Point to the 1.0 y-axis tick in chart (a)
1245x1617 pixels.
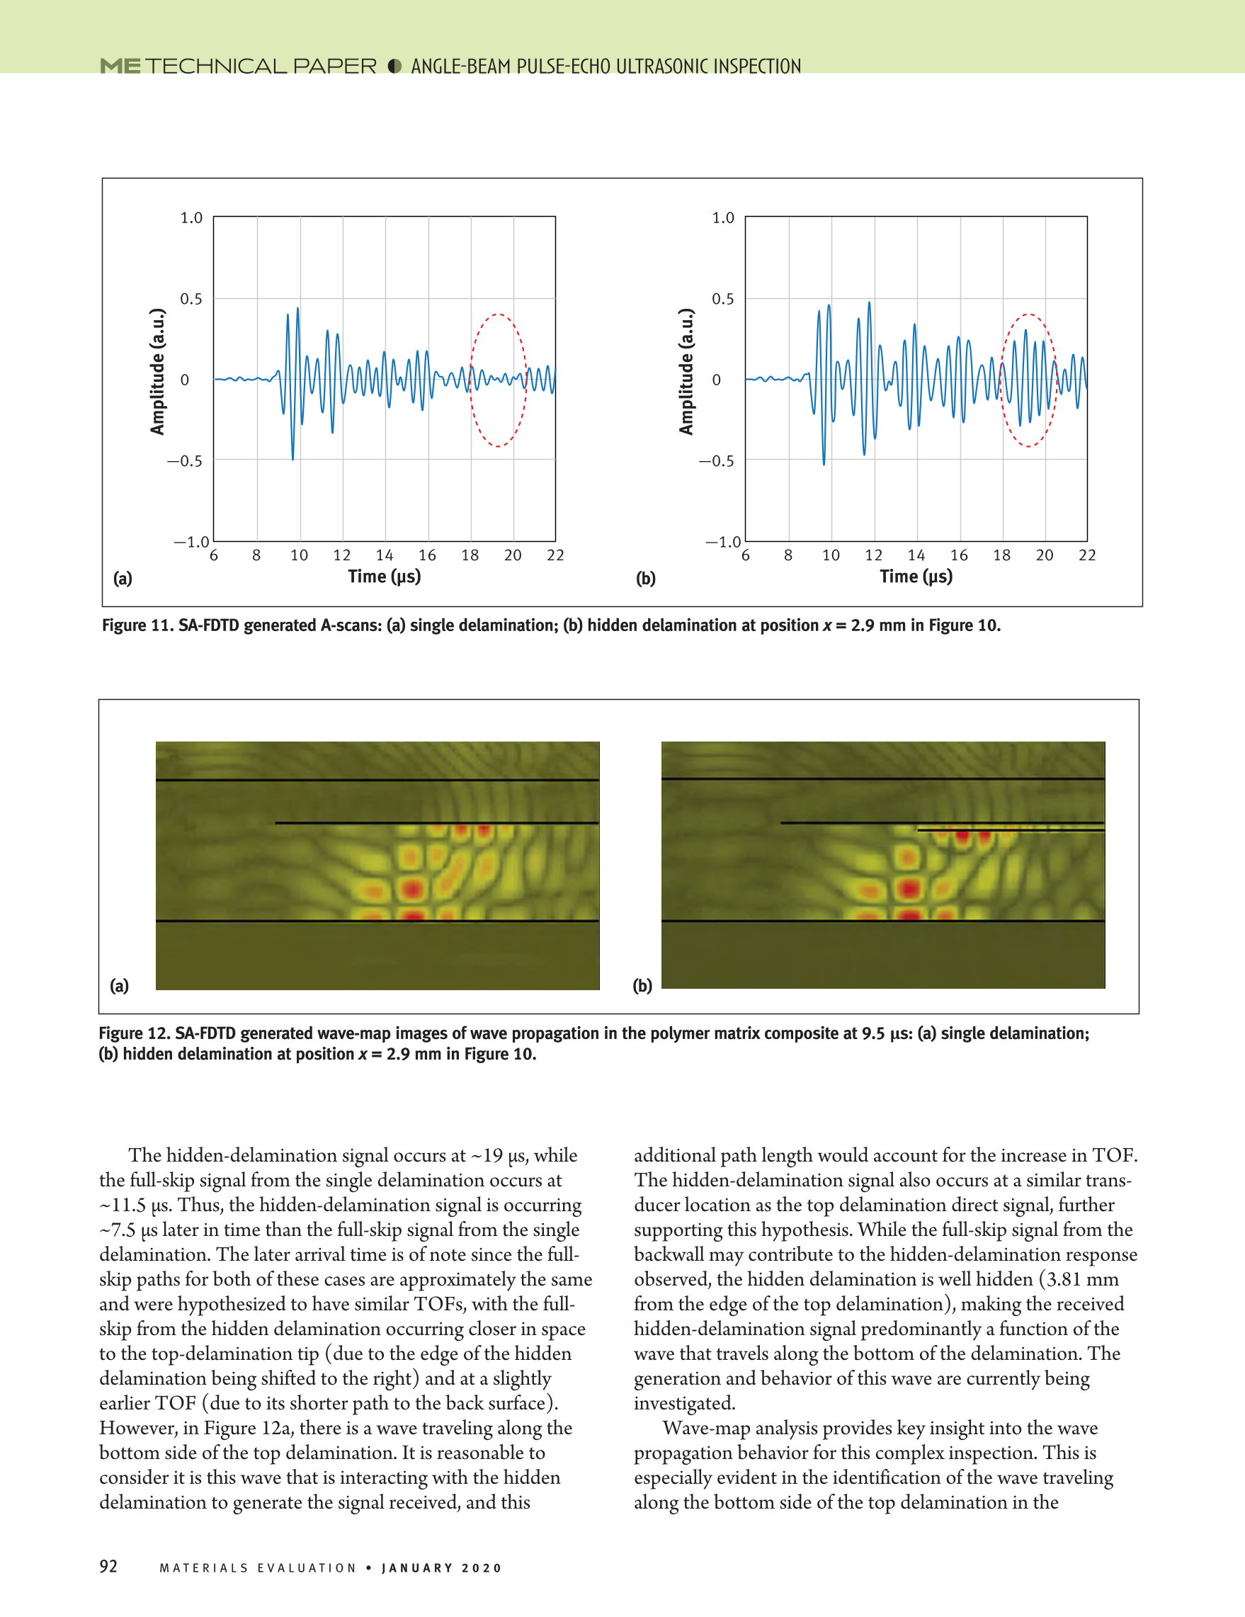pyautogui.click(x=191, y=217)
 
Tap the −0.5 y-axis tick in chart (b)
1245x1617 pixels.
pyautogui.click(x=717, y=461)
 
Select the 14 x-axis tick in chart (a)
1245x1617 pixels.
pyautogui.click(x=384, y=555)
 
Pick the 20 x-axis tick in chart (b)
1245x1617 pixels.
pyautogui.click(x=1045, y=555)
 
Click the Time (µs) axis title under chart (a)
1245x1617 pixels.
pyautogui.click(x=384, y=577)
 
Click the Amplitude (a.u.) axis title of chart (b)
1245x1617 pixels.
pyautogui.click(x=687, y=372)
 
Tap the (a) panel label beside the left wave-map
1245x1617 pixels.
pyautogui.click(x=119, y=985)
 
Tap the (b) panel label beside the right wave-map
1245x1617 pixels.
pyautogui.click(x=642, y=985)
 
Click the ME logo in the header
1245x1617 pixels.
pyautogui.click(x=120, y=67)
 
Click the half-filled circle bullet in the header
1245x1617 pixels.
pyautogui.click(x=394, y=67)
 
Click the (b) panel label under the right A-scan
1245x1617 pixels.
pyautogui.click(x=645, y=579)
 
